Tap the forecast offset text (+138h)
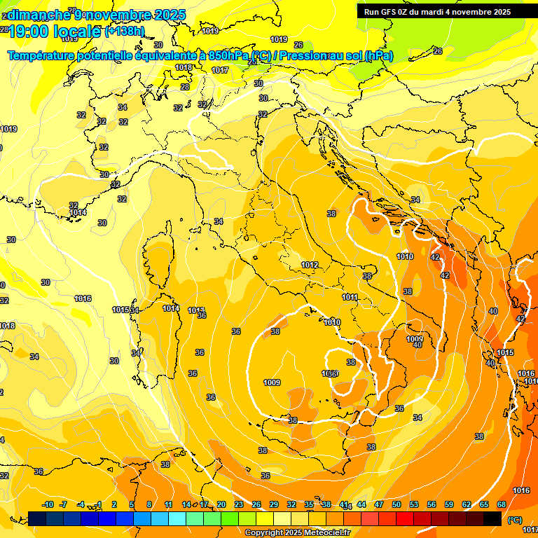pyautogui.click(x=125, y=32)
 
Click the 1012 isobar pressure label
pyautogui.click(x=310, y=265)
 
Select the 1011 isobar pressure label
pyautogui.click(x=350, y=297)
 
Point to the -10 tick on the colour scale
pyautogui.click(x=48, y=504)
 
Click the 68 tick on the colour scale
pyautogui.click(x=502, y=504)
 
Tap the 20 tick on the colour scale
pyautogui.click(x=221, y=504)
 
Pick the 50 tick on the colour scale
pyautogui.click(x=396, y=504)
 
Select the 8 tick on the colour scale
pyautogui.click(x=149, y=504)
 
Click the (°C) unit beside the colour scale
pyautogui.click(x=515, y=519)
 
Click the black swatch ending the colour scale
pyautogui.click(x=492, y=518)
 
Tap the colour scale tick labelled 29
pyautogui.click(x=274, y=504)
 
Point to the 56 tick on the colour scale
pyautogui.click(x=432, y=504)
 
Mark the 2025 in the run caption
pyautogui.click(x=500, y=12)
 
